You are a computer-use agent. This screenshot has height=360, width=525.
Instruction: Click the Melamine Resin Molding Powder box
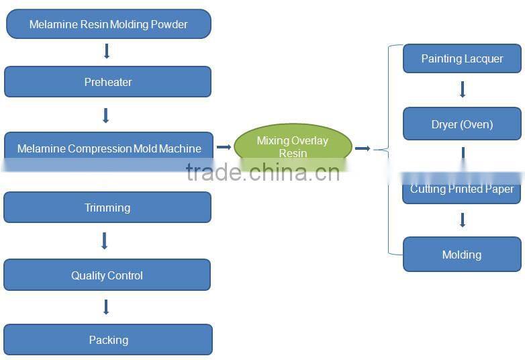pyautogui.click(x=108, y=24)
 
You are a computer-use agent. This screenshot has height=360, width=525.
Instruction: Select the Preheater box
pyautogui.click(x=107, y=82)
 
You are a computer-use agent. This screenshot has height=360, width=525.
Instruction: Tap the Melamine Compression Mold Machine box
pyautogui.click(x=108, y=148)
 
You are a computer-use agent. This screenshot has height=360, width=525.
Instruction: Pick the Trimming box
pyautogui.click(x=107, y=208)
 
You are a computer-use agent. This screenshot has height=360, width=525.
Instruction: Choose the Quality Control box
pyautogui.click(x=107, y=275)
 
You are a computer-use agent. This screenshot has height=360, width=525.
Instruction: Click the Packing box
pyautogui.click(x=108, y=340)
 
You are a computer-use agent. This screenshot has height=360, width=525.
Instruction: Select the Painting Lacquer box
pyautogui.click(x=462, y=58)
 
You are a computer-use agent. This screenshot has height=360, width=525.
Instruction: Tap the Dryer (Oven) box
pyautogui.click(x=462, y=124)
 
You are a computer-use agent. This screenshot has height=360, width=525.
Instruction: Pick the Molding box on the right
pyautogui.click(x=462, y=255)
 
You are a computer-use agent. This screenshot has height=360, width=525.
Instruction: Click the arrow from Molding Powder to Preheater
pyautogui.click(x=106, y=51)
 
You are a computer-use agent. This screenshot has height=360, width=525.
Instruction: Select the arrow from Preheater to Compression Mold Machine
pyautogui.click(x=105, y=116)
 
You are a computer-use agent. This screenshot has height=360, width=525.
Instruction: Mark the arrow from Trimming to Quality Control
pyautogui.click(x=104, y=240)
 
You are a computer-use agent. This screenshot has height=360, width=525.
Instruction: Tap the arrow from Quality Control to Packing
pyautogui.click(x=106, y=307)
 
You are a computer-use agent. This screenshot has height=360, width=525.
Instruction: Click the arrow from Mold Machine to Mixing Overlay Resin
pyautogui.click(x=224, y=147)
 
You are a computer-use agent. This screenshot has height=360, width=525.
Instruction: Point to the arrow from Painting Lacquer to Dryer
pyautogui.click(x=463, y=89)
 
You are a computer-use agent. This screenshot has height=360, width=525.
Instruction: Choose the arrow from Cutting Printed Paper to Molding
pyautogui.click(x=463, y=220)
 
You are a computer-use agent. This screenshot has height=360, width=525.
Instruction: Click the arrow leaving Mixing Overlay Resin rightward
pyautogui.click(x=363, y=148)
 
